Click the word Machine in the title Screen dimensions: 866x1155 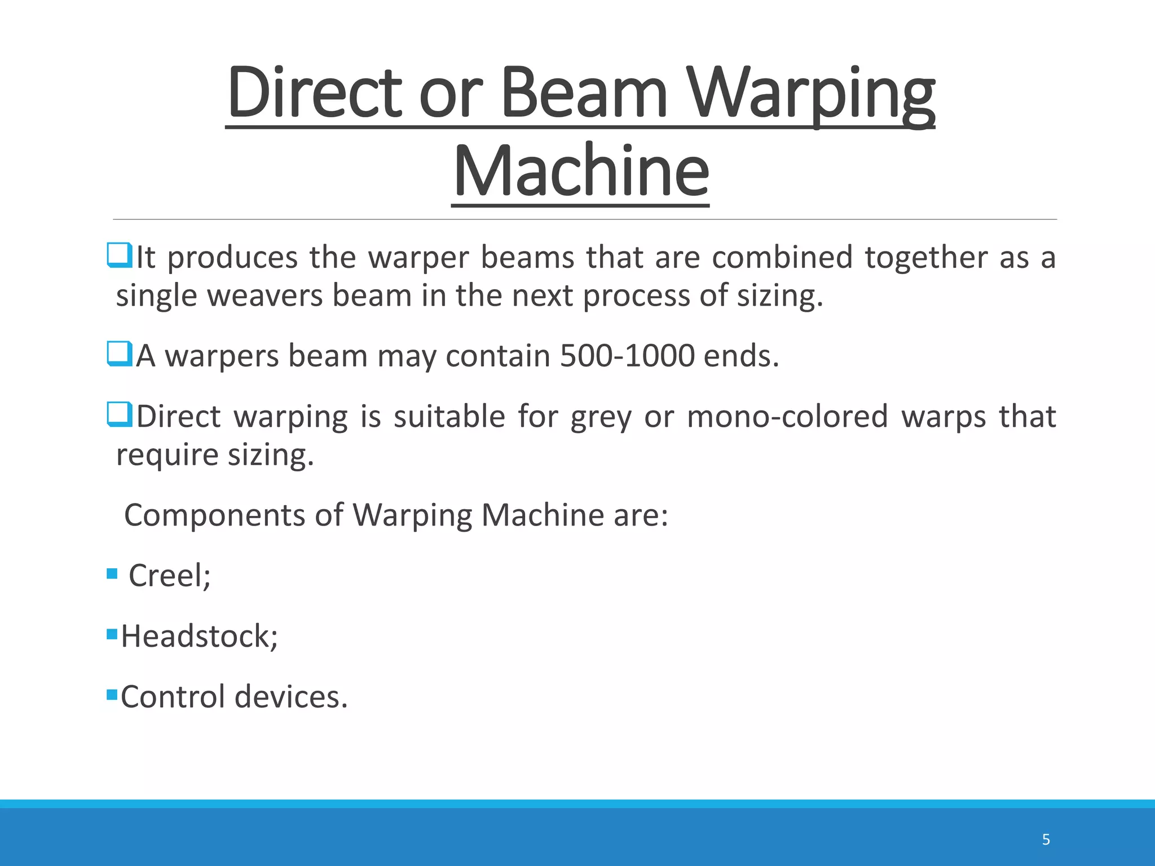[x=580, y=171]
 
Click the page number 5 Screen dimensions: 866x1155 [x=1046, y=840]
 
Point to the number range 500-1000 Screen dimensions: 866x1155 [x=627, y=356]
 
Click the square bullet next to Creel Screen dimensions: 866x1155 [x=112, y=574]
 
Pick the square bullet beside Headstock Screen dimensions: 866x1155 [x=112, y=634]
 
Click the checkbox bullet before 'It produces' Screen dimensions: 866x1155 [x=120, y=255]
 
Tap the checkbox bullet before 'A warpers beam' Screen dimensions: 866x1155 [x=120, y=354]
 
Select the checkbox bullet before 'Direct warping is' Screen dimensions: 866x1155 [x=120, y=414]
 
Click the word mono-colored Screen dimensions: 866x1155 [x=787, y=417]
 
